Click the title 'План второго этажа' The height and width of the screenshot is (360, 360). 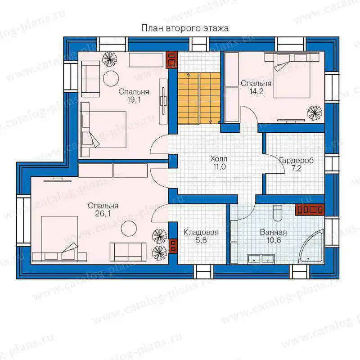(x=185, y=28)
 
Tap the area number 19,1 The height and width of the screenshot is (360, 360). (x=134, y=100)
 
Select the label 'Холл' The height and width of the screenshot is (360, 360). (x=219, y=159)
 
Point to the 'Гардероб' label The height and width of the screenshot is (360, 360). (x=297, y=161)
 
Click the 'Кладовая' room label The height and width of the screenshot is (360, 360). (x=201, y=232)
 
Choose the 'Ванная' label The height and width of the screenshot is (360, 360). (x=273, y=232)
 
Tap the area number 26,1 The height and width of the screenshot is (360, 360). (x=103, y=213)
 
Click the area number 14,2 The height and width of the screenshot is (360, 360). (x=256, y=91)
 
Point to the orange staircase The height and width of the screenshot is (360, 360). (x=199, y=99)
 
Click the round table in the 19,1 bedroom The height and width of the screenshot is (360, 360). (x=111, y=78)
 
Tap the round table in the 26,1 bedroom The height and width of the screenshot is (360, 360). (x=129, y=229)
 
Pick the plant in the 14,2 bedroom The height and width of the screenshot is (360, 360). (x=315, y=112)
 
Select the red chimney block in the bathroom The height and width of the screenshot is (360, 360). (x=310, y=209)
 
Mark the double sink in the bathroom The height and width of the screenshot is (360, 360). (x=261, y=259)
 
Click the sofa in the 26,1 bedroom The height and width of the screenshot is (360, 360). (x=128, y=252)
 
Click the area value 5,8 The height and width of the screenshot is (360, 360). (x=201, y=240)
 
